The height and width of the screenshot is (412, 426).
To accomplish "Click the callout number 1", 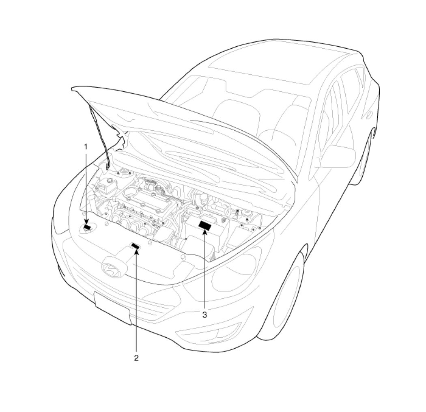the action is (86, 147).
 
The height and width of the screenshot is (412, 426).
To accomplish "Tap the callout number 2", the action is (136, 358).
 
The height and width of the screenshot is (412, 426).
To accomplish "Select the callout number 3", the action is (204, 315).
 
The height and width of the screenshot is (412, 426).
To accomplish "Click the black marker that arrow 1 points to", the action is (88, 227).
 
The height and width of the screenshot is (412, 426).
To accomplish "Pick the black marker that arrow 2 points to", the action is (136, 246).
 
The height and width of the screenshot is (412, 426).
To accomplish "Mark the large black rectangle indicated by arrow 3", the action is (205, 225).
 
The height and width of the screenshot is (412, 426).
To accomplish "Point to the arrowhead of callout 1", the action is (86, 222).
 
